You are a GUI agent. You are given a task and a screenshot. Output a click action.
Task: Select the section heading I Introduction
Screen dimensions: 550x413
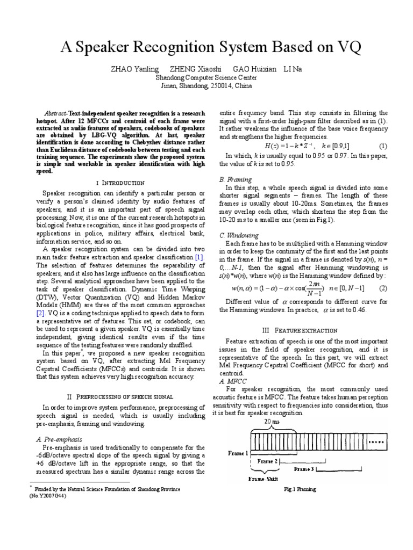[x=120, y=183]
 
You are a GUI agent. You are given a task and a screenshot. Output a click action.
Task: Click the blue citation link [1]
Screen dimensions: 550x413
[x=199, y=258]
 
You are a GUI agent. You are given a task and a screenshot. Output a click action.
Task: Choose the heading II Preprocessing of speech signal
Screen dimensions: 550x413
[x=120, y=396]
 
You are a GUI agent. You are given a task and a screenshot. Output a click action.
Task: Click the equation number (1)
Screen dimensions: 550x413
[x=383, y=146]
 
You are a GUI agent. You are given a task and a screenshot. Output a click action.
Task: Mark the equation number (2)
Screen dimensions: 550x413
[x=383, y=288]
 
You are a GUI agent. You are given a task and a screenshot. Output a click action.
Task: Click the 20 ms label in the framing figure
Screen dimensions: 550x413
[x=272, y=423]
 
